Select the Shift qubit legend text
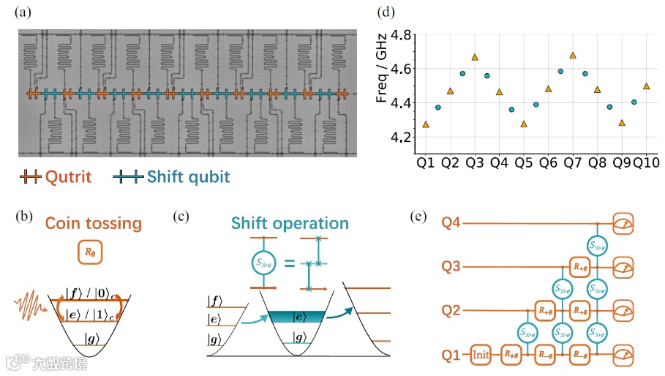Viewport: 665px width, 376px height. tap(188, 176)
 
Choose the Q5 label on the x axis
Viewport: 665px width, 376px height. tap(523, 160)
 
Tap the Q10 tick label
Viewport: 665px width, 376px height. tap(646, 160)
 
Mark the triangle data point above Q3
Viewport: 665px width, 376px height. tap(475, 57)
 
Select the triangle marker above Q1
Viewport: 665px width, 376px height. tap(426, 124)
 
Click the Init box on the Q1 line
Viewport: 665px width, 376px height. tap(481, 355)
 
